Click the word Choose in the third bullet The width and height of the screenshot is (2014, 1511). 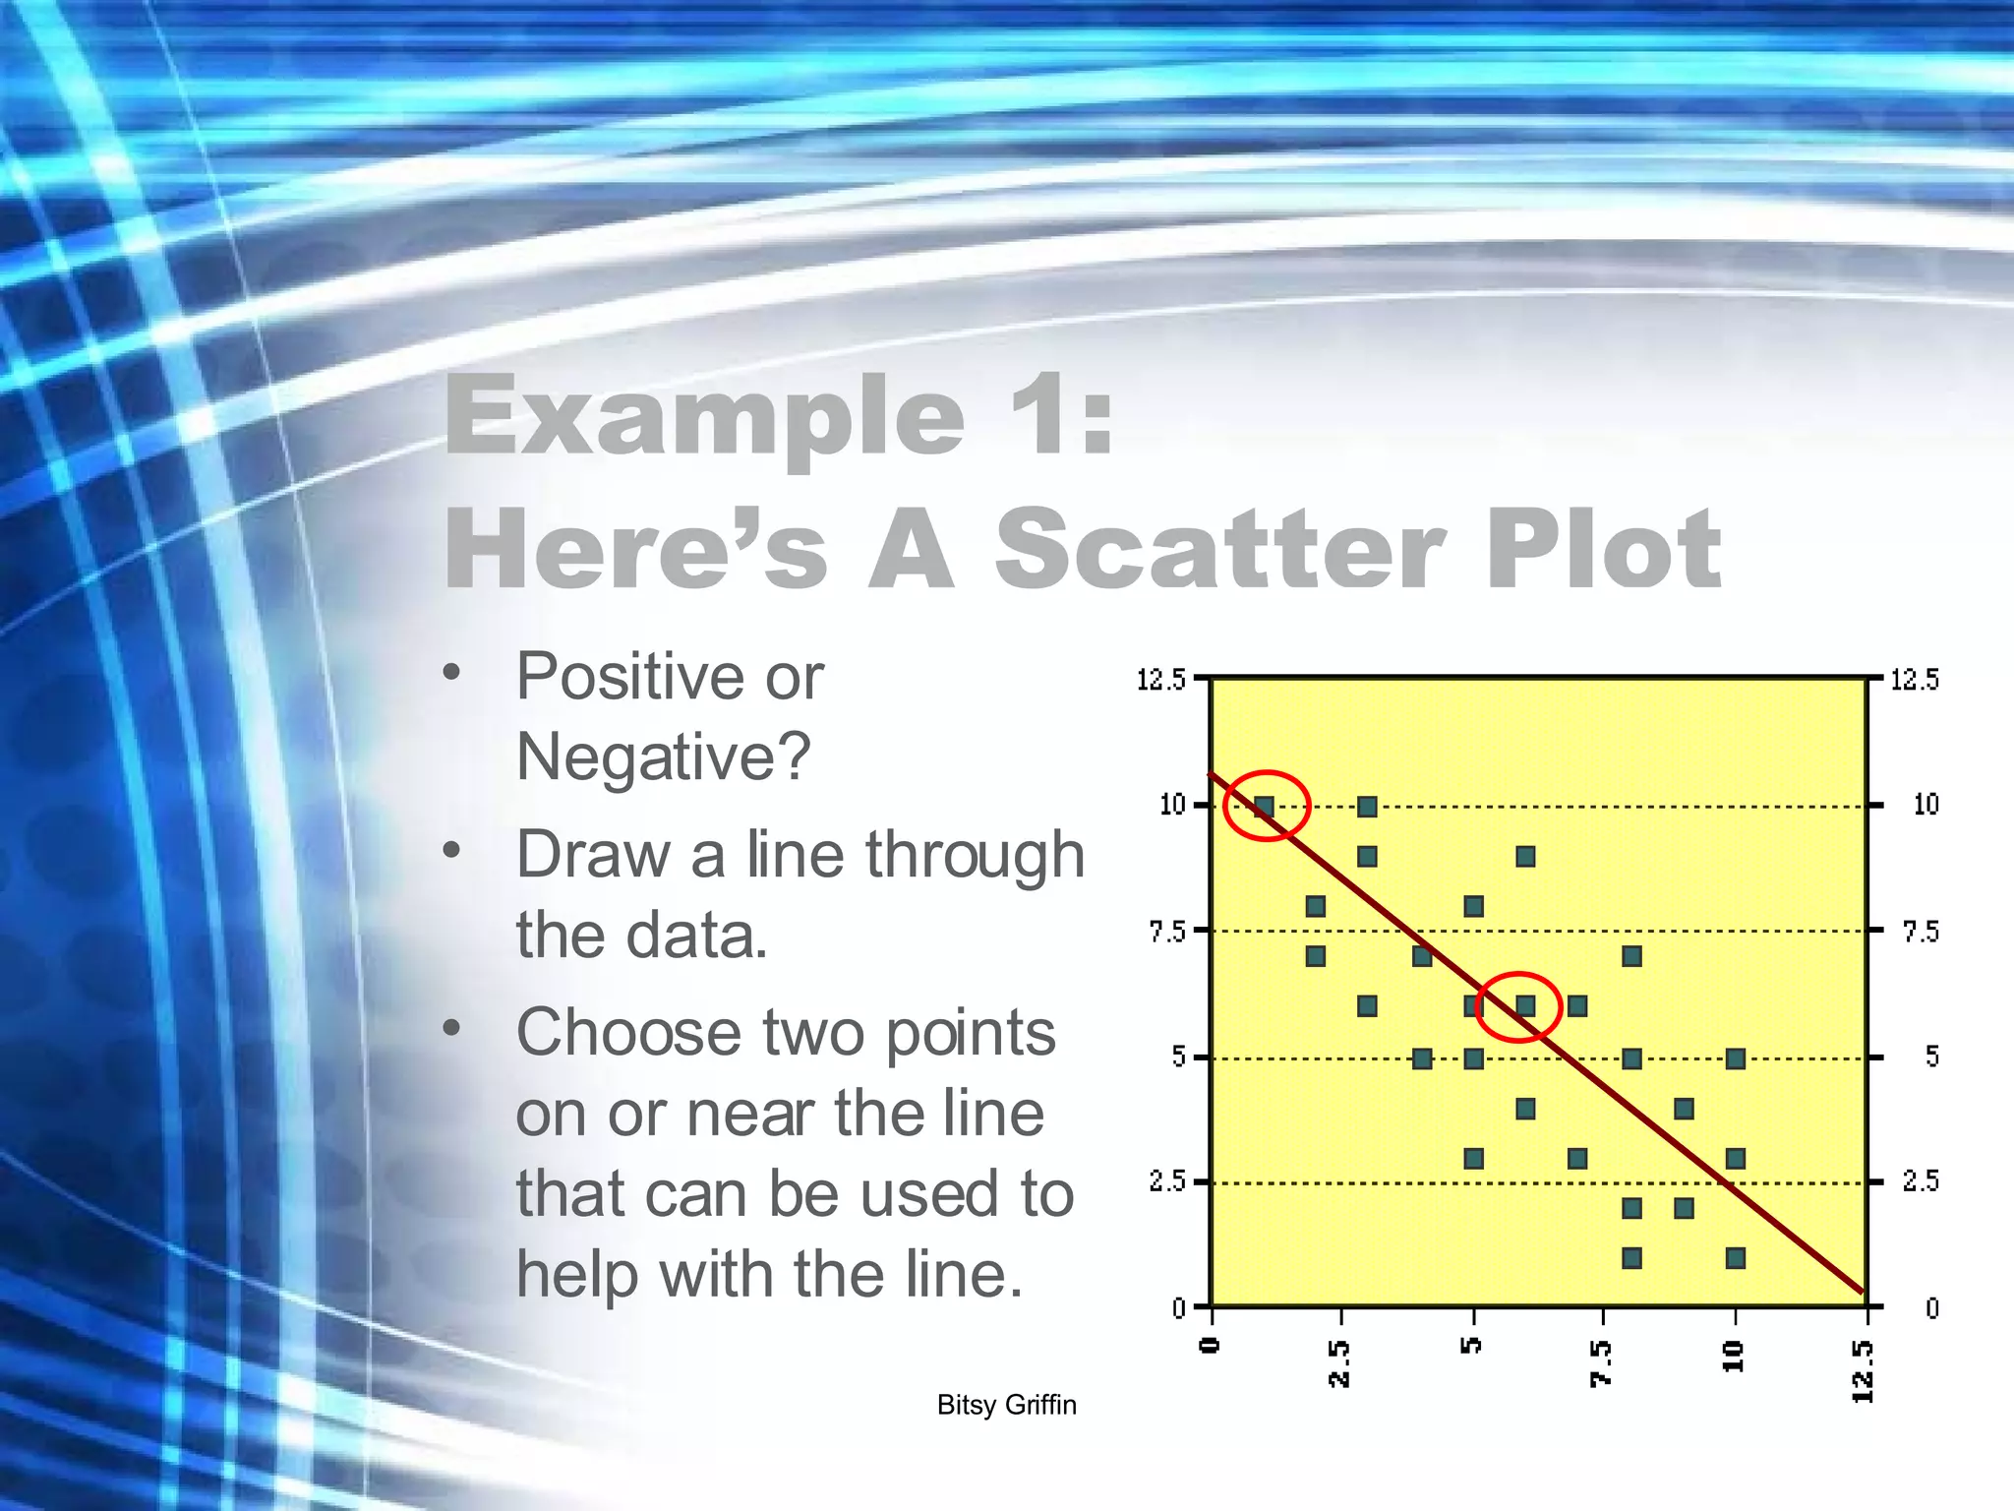click(x=629, y=1033)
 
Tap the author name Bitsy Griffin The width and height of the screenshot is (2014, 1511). click(x=1006, y=1405)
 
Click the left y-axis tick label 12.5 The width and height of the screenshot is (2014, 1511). click(x=1160, y=680)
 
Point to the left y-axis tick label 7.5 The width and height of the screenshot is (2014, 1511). click(x=1167, y=931)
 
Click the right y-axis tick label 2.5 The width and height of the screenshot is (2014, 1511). click(x=1921, y=1181)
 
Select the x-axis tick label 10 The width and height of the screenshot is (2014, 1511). click(x=1734, y=1356)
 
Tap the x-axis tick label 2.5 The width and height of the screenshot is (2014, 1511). click(x=1339, y=1362)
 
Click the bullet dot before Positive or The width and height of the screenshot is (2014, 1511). click(x=451, y=673)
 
